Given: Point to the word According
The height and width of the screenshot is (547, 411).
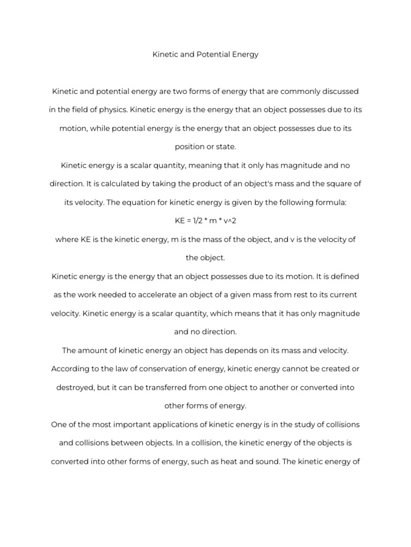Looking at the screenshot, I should (70, 369).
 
